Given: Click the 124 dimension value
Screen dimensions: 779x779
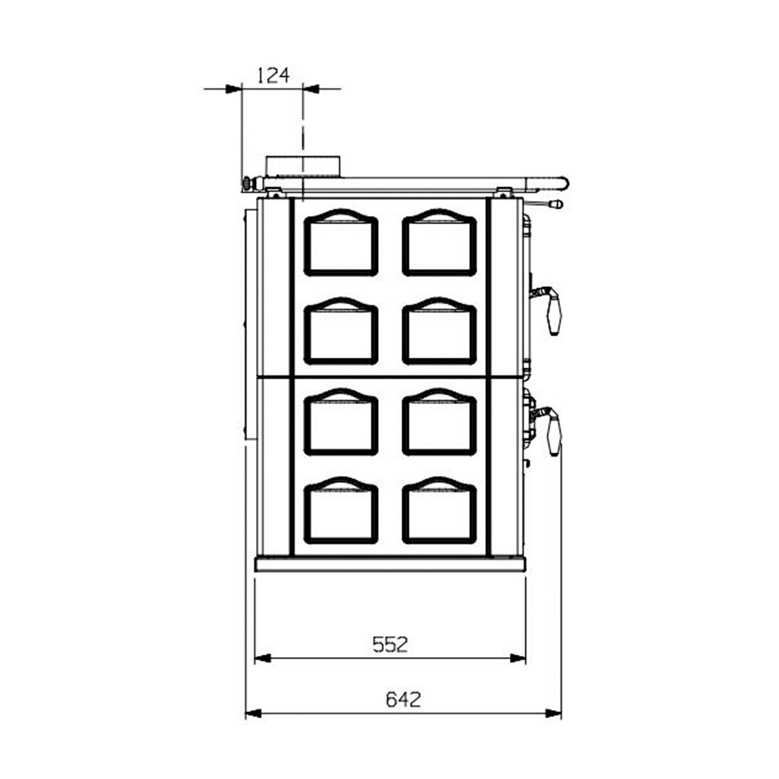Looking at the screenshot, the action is tap(273, 76).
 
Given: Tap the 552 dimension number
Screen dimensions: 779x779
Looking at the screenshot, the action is tap(391, 644).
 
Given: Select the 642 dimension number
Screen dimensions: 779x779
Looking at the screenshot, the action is tap(403, 700).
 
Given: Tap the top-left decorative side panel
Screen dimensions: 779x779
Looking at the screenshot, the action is tap(341, 243).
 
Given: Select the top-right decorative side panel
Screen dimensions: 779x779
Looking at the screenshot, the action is tap(439, 243).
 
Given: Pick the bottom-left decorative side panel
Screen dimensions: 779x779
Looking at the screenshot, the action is tap(341, 510).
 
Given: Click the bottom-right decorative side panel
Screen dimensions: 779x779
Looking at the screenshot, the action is tap(439, 510).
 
